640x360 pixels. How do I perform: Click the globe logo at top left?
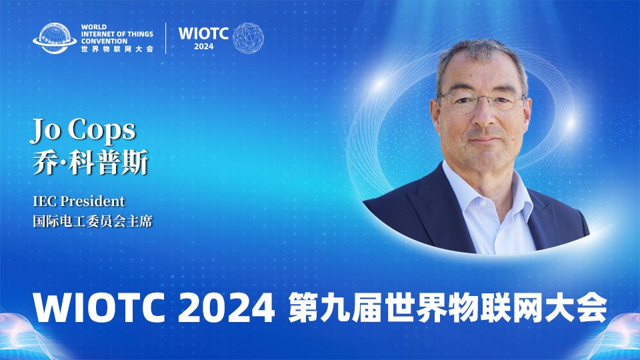[x=55, y=38]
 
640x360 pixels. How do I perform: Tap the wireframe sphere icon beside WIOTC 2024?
[x=248, y=38]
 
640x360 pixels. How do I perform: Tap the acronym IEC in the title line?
[x=45, y=201]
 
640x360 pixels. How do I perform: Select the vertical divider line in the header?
[x=166, y=38]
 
